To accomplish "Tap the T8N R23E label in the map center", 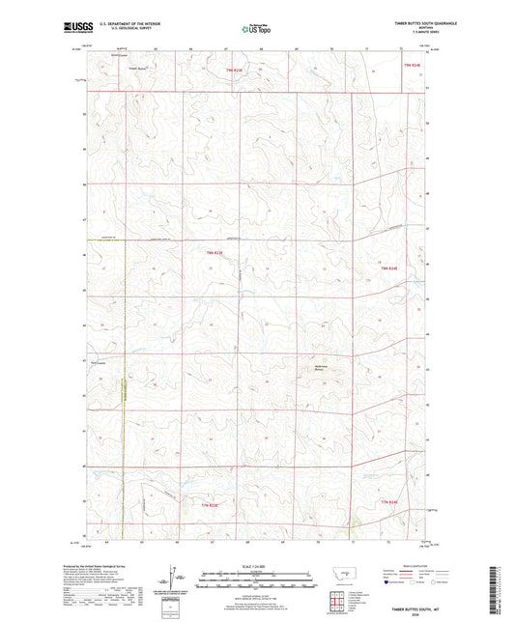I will pyautogui.click(x=215, y=253).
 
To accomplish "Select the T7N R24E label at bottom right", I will pyautogui.click(x=388, y=502).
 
